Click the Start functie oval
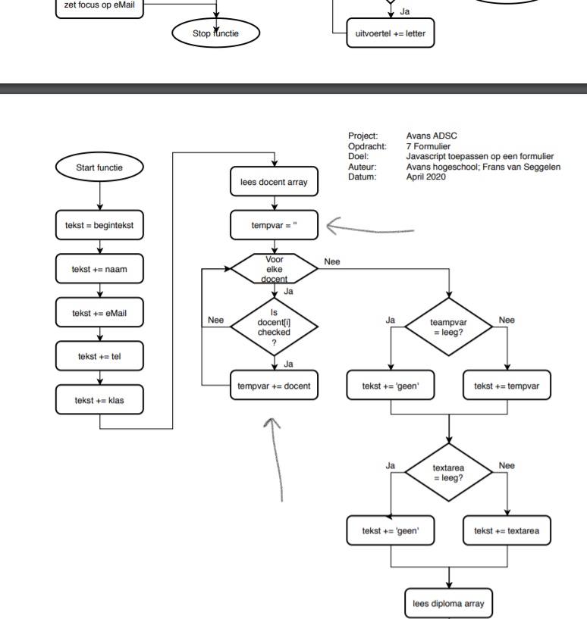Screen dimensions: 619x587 (99, 167)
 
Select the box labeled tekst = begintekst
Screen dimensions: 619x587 (99, 224)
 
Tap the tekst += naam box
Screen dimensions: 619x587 (99, 268)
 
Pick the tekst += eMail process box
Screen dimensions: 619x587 (99, 312)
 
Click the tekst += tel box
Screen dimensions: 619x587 (99, 356)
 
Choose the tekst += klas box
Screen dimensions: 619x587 (99, 400)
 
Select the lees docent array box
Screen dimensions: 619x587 (274, 180)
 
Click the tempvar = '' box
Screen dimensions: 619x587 (274, 224)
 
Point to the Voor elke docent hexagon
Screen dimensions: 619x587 (274, 267)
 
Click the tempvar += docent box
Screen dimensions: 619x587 (274, 386)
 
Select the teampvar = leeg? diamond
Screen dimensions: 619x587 (449, 327)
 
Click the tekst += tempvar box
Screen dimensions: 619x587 (507, 386)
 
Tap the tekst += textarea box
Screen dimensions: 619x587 (507, 531)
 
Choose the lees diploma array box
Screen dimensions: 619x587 (449, 604)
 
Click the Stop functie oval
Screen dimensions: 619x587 (215, 33)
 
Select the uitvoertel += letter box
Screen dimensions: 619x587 (391, 34)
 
